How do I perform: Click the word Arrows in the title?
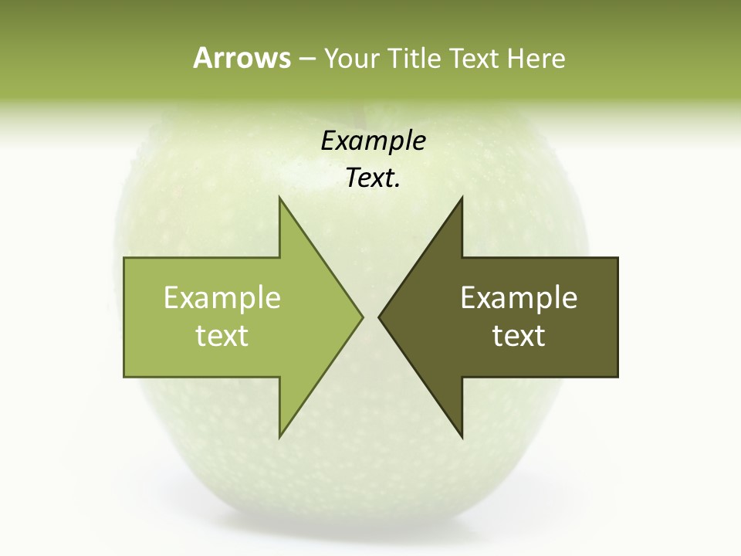(x=242, y=58)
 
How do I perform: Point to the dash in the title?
(x=306, y=59)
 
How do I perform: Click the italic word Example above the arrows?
(x=373, y=141)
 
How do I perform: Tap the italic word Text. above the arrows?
(x=373, y=178)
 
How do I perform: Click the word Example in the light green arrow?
(x=222, y=298)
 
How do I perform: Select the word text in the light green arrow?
(x=222, y=336)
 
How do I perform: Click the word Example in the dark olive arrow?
(x=519, y=298)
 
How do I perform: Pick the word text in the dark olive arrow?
(x=519, y=336)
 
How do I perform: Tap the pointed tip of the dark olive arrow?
(x=380, y=317)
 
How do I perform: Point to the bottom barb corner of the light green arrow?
(x=280, y=436)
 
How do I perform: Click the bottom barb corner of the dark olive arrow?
(x=462, y=436)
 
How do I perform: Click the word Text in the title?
(x=476, y=58)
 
